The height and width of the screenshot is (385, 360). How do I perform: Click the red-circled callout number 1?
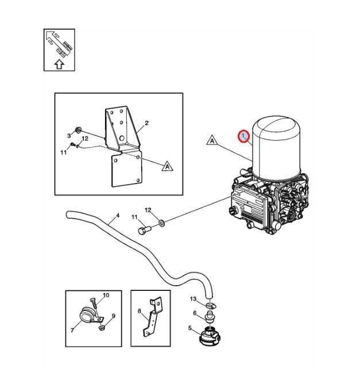coord(244,137)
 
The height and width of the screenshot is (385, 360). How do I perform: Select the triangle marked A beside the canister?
coord(212,140)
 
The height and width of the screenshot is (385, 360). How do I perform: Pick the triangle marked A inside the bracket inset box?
coord(167,166)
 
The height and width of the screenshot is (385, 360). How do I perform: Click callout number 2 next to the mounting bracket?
coord(147,123)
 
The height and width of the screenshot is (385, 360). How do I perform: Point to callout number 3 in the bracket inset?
coord(69,136)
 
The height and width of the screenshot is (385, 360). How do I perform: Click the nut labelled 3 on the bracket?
coord(79,130)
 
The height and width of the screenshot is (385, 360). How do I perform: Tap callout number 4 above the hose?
coord(117,216)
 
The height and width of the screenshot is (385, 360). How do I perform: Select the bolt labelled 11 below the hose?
coord(144,231)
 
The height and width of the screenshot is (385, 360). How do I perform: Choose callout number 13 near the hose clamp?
coord(193,299)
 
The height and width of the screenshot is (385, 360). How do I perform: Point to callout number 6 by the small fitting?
coord(195,313)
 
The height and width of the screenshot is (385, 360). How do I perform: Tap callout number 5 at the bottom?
coord(190,329)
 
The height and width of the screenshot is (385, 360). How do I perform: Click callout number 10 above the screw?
coord(106,295)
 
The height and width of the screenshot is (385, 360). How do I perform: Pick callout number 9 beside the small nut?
coord(113,316)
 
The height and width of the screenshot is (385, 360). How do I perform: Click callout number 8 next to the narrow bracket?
coord(139,312)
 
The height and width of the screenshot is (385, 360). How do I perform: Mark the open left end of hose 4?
coord(68,215)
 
